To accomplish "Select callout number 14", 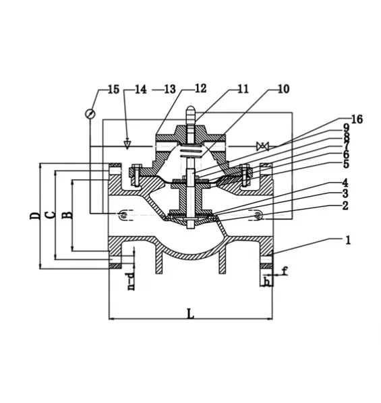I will click(140, 89).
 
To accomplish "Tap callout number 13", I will click(169, 89).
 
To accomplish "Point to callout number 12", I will click(201, 88).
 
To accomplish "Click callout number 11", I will click(242, 88).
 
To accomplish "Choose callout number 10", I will click(283, 88).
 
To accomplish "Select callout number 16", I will click(356, 119).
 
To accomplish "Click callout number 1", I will click(348, 239).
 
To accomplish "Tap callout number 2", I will click(345, 206).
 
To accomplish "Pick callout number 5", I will click(345, 164).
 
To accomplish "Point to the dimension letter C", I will click(50, 216).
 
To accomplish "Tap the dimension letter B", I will click(66, 216).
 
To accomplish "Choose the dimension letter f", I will click(285, 272).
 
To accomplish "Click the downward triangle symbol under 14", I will click(127, 144).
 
